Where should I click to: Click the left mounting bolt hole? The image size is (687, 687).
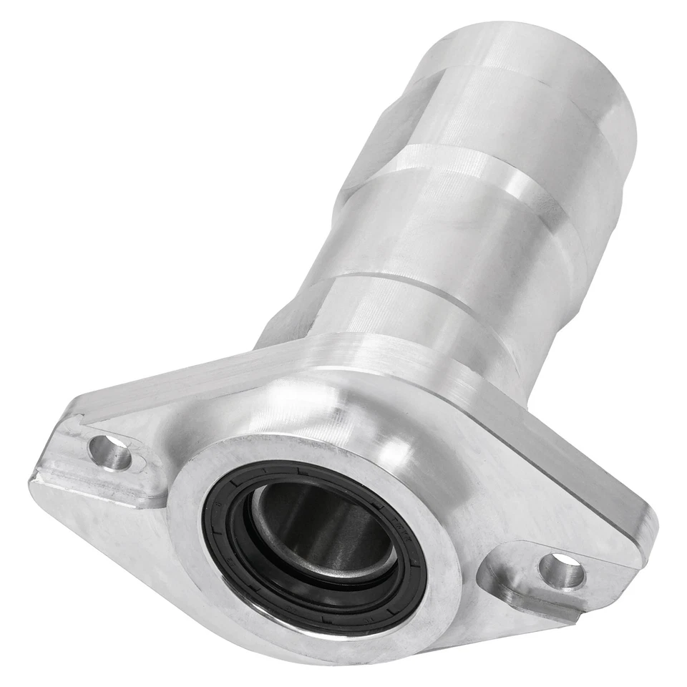click(109, 453)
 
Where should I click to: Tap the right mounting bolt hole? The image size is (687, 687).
click(562, 571)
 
